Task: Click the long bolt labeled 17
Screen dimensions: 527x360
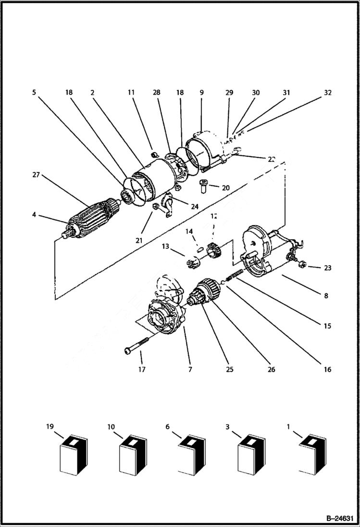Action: tap(137, 344)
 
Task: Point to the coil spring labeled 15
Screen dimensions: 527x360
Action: tap(234, 275)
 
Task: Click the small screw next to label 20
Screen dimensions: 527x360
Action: tap(204, 185)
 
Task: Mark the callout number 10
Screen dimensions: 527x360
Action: tap(111, 426)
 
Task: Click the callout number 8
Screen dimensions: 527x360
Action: tap(326, 296)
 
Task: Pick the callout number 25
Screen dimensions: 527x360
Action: tap(230, 369)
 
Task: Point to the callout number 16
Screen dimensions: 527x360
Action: tap(328, 369)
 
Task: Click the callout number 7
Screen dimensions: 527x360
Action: tap(190, 369)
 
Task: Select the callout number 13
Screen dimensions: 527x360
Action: tap(166, 246)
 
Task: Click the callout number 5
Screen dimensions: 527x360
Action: tap(34, 92)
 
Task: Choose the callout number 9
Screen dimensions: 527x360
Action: tap(201, 92)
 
